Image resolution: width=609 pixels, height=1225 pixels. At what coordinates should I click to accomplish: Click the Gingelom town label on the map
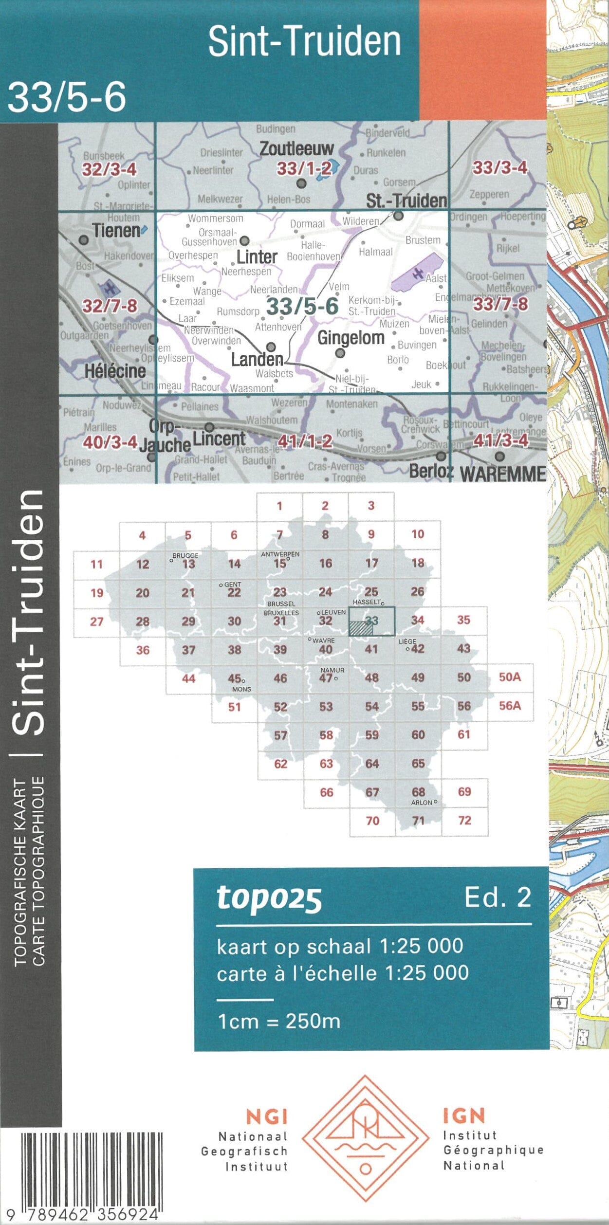[351, 338]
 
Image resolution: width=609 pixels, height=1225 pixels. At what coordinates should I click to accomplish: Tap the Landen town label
[257, 360]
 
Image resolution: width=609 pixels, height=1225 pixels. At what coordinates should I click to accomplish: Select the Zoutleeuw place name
[296, 149]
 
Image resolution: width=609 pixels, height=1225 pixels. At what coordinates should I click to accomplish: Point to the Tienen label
[116, 231]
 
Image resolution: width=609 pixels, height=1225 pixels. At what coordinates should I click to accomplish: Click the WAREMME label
[503, 474]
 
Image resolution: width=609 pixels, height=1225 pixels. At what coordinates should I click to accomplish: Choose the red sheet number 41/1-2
[305, 441]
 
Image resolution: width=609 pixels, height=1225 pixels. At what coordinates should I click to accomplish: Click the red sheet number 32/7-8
[110, 306]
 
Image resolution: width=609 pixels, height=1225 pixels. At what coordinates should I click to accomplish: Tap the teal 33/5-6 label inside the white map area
[302, 306]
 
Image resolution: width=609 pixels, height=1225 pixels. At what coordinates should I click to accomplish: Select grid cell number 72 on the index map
[465, 821]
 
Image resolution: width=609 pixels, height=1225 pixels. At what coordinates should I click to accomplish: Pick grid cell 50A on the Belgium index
[510, 677]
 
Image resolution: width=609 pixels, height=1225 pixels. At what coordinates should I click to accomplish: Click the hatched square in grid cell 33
[361, 628]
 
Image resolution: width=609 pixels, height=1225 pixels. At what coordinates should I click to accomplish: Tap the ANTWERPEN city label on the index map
[280, 554]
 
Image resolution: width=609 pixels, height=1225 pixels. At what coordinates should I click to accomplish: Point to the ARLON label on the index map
[422, 803]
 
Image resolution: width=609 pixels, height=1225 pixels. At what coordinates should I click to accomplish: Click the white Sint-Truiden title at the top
[305, 41]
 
